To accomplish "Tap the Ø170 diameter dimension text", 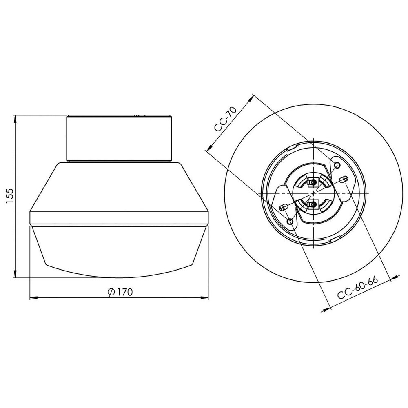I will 121,292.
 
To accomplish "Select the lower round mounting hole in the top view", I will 290,221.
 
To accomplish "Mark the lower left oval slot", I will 283,208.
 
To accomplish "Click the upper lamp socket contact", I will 313,182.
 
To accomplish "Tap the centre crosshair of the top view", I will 313,193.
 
